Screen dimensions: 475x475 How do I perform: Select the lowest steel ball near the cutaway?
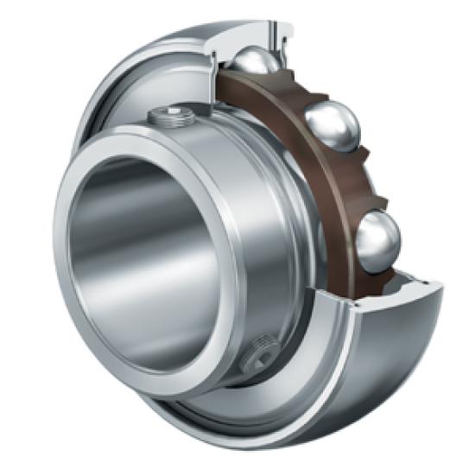click(377, 242)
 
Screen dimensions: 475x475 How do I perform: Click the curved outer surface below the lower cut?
click(363, 363)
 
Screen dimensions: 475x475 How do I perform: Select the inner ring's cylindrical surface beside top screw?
click(225, 138)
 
